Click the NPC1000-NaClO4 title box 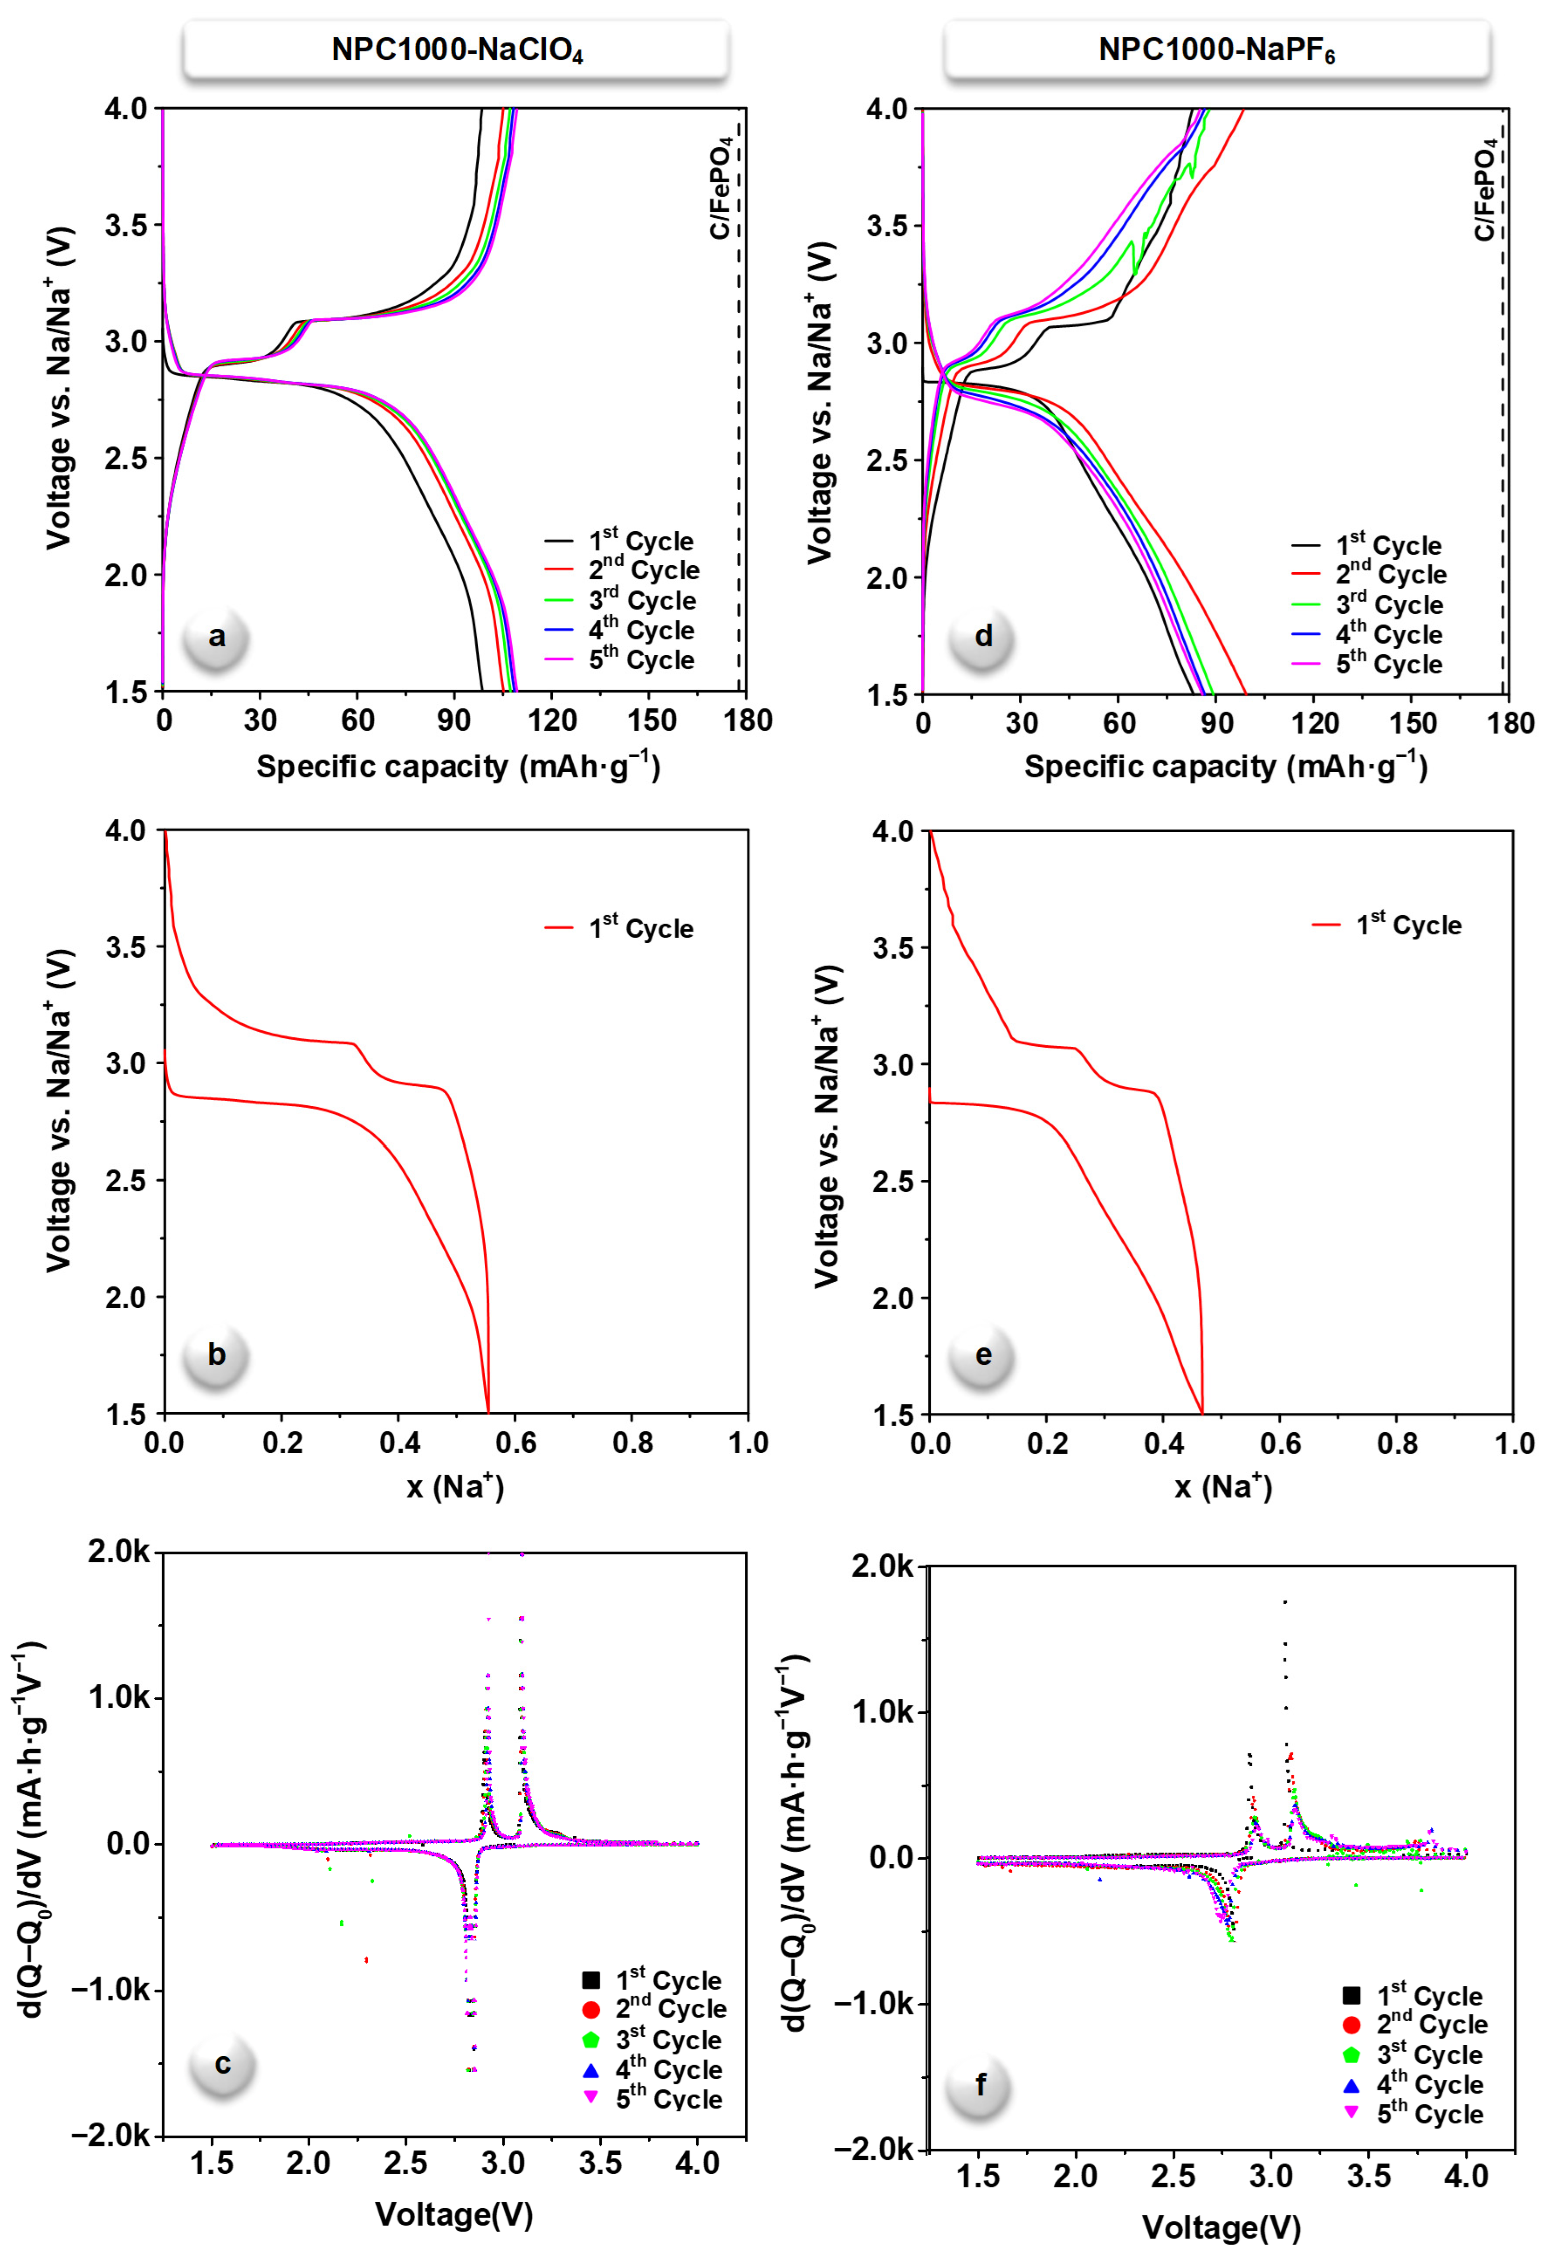(456, 49)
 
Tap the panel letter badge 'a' (217, 637)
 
